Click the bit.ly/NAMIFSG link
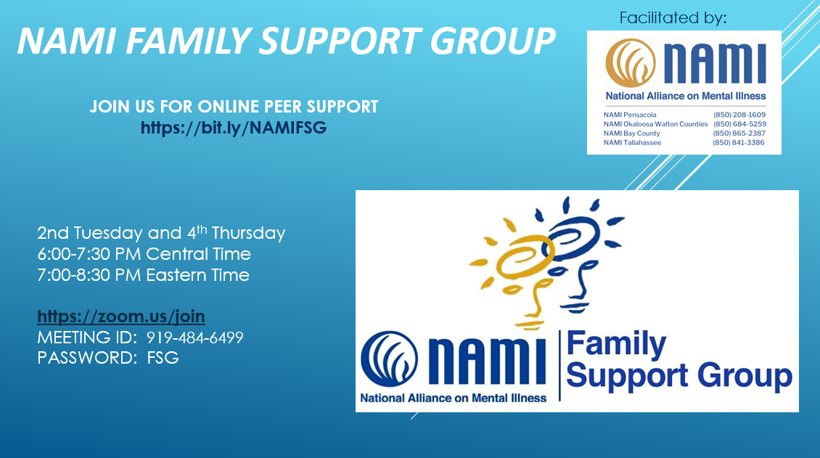pos(234,128)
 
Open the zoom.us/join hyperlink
pos(120,316)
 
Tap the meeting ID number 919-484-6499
pos(195,338)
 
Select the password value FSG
pos(163,358)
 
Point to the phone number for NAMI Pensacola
pos(739,115)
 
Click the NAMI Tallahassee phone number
pos(739,142)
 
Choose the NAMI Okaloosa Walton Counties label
pos(656,124)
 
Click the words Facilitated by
pos(673,17)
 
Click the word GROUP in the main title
pos(493,41)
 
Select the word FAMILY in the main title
pos(188,41)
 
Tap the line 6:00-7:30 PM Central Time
pos(144,254)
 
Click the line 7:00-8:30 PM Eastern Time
pos(143,275)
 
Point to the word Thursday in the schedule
pos(248,233)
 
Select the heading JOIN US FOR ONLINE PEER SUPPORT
pos(234,107)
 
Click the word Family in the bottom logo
pos(616,345)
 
